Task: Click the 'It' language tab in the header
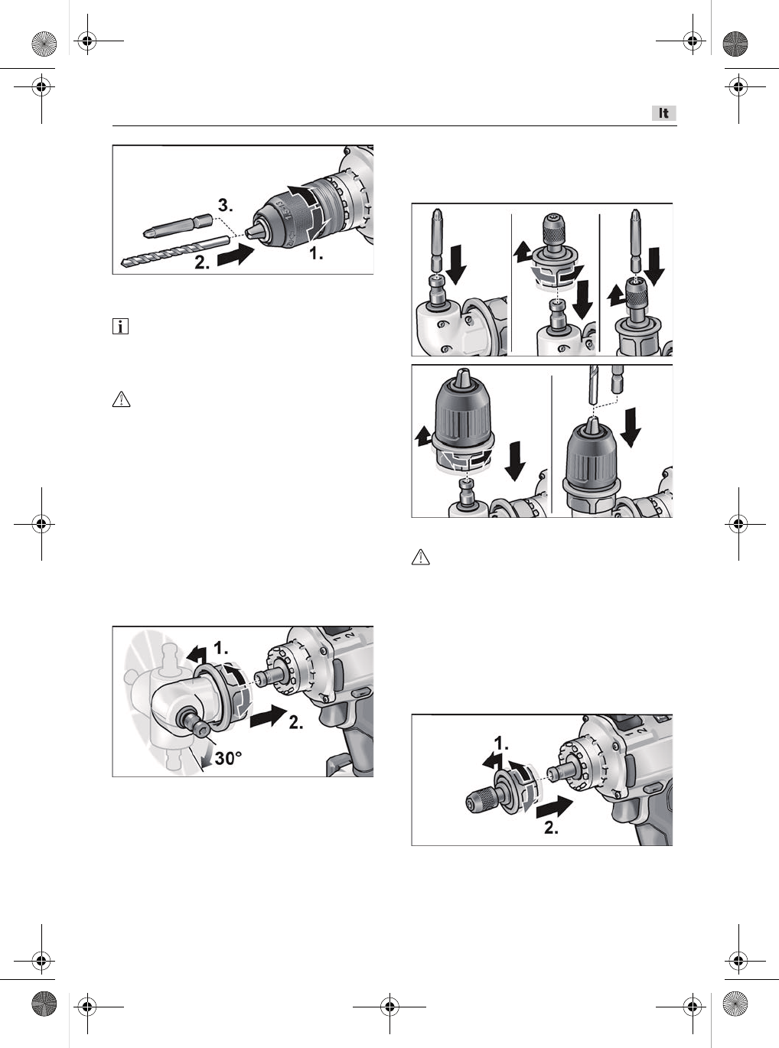(x=663, y=113)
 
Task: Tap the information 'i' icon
(x=121, y=327)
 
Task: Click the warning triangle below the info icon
(x=122, y=400)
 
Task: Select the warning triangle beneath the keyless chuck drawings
(x=421, y=558)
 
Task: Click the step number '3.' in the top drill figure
(x=225, y=206)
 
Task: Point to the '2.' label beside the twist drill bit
(x=202, y=262)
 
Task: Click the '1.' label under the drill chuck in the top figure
(x=316, y=254)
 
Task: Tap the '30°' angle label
(x=228, y=758)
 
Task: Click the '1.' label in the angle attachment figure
(x=221, y=648)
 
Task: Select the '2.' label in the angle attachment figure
(x=296, y=723)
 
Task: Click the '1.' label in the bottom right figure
(x=501, y=744)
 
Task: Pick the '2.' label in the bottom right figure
(x=551, y=828)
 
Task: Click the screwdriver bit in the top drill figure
(x=178, y=225)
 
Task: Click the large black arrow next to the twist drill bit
(x=236, y=255)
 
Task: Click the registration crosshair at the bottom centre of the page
(x=389, y=1007)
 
